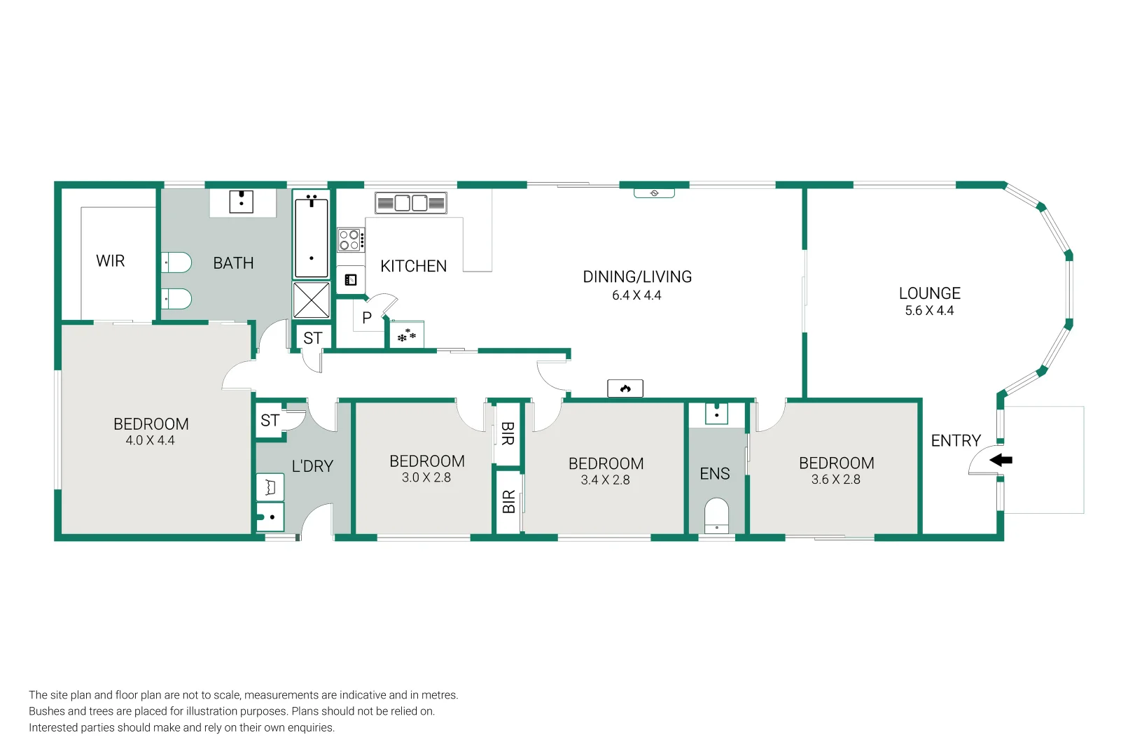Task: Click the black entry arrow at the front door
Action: [1001, 460]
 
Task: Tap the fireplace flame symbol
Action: [625, 388]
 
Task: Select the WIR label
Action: [111, 261]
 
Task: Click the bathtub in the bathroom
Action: [311, 235]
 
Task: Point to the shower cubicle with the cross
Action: [311, 300]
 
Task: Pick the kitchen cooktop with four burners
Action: [351, 239]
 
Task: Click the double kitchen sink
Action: [410, 203]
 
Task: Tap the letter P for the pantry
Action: [367, 318]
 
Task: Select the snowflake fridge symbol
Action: [407, 335]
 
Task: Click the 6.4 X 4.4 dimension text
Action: [636, 295]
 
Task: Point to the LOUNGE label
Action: [930, 293]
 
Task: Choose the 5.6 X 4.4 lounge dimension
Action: [929, 311]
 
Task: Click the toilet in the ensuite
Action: [716, 515]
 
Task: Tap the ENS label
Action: [715, 474]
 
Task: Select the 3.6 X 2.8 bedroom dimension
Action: [836, 479]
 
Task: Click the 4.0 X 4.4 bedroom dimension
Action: [150, 440]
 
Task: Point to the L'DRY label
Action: [312, 466]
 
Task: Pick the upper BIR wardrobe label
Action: [508, 434]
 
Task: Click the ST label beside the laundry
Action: [270, 420]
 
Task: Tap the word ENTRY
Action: [956, 441]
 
